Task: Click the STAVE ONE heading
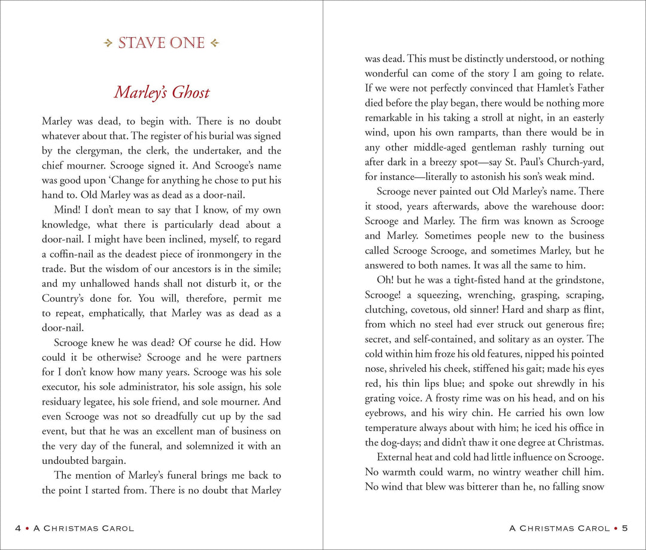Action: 161,44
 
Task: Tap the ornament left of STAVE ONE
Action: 108,44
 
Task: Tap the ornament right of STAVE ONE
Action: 215,44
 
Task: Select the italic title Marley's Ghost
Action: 161,93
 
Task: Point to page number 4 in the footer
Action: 18,528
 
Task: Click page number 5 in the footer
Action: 625,528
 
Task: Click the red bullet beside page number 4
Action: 28,528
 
